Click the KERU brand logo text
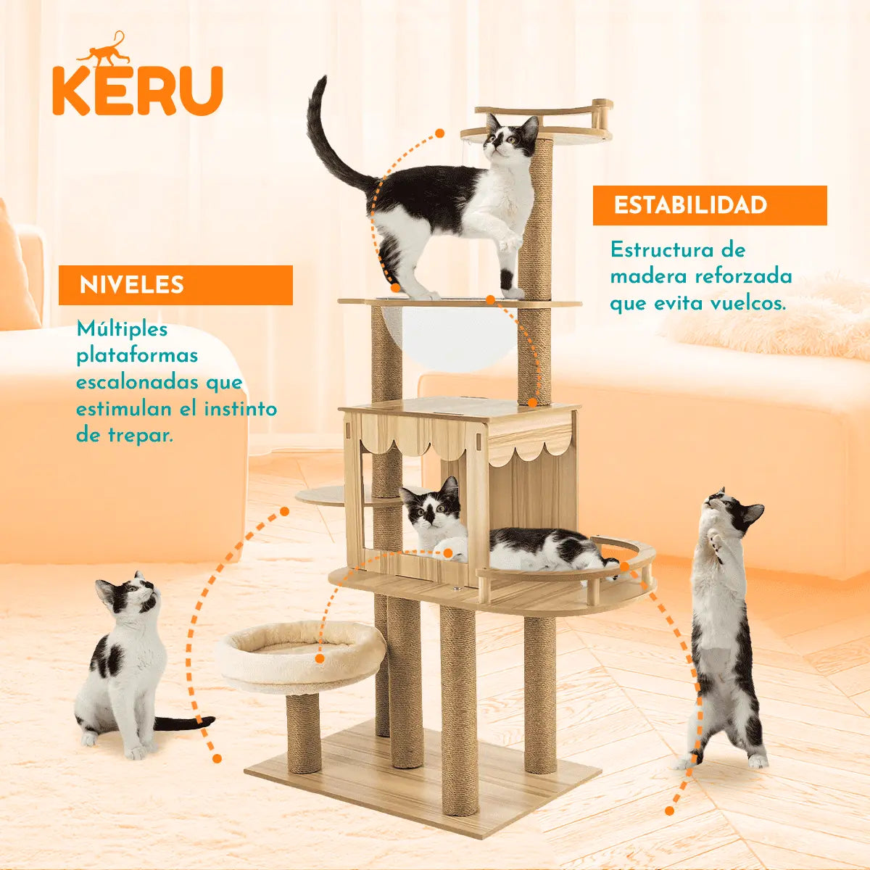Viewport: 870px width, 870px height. [x=137, y=90]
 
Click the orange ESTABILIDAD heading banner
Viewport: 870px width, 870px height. [x=709, y=205]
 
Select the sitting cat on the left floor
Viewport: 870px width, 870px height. [x=123, y=660]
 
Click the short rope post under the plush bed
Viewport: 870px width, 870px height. [x=304, y=732]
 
